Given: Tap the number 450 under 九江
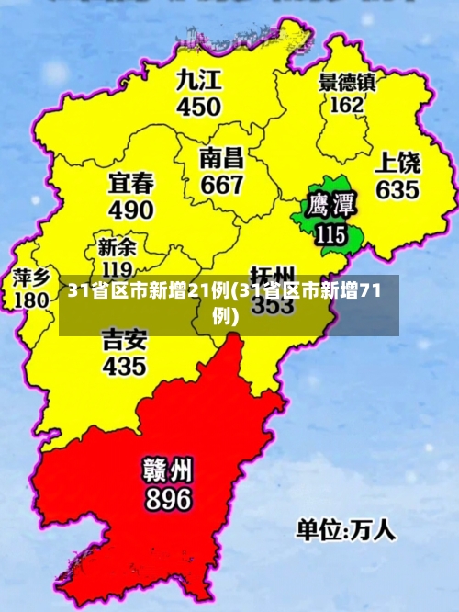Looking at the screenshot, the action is [x=199, y=107].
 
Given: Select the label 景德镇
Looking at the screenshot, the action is [x=347, y=82].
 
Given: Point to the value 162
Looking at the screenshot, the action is [x=346, y=105].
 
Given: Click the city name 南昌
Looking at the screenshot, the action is [x=222, y=157].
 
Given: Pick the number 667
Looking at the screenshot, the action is [x=222, y=184].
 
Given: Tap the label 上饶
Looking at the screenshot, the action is [x=397, y=164].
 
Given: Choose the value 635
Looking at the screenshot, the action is [x=397, y=190].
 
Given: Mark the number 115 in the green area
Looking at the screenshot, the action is [x=330, y=233].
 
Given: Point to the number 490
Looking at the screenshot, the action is [x=131, y=210].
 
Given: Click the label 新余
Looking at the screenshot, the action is [x=117, y=247].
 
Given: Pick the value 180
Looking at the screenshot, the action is [x=31, y=300].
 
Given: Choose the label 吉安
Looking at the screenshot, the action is [x=124, y=339].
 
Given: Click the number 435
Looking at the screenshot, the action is [x=124, y=366].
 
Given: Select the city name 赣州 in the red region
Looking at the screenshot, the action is [x=166, y=470].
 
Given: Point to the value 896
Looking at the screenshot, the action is [x=166, y=499].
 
